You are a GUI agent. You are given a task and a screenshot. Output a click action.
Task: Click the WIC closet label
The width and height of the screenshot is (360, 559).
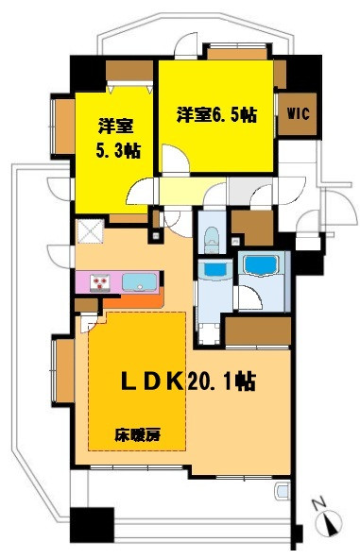[298, 113]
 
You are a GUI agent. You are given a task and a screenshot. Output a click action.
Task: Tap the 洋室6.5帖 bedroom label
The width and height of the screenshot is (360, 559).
[216, 115]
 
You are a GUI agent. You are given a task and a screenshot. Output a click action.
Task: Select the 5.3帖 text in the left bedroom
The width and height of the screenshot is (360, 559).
[118, 151]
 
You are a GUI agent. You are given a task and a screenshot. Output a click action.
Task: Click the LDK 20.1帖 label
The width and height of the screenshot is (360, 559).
[188, 381]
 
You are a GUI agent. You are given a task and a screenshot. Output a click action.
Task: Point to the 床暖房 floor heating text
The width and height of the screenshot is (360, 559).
[137, 435]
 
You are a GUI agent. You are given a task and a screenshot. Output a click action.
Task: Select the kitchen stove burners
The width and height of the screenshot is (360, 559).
[100, 282]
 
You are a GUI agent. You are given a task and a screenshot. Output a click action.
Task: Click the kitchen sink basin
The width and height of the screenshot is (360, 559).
[140, 282]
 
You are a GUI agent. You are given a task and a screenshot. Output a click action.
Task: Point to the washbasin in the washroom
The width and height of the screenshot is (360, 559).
[214, 270]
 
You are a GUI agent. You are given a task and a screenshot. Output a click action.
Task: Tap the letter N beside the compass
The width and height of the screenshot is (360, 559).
[318, 504]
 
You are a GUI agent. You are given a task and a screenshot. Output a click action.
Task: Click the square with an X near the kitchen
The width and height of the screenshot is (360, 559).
[91, 230]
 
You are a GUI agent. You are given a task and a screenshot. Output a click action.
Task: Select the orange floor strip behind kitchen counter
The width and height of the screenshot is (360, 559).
[133, 300]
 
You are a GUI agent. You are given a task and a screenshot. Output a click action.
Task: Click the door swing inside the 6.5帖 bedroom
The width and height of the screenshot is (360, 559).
[175, 159]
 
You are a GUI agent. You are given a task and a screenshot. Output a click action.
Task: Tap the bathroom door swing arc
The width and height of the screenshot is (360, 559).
[250, 296]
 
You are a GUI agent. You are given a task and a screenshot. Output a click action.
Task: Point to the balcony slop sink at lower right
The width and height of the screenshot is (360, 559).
[283, 492]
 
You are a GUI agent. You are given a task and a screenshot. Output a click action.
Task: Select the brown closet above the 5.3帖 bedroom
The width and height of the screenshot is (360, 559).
[129, 71]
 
